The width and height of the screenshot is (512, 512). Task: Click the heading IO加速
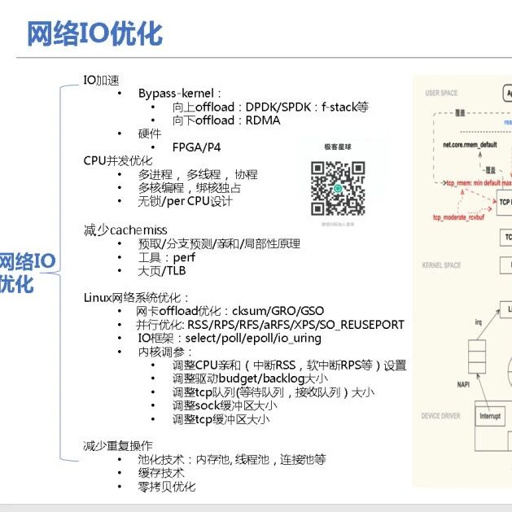(101, 80)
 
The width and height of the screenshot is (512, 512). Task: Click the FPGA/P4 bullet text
(197, 147)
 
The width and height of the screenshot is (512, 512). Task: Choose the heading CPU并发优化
(117, 161)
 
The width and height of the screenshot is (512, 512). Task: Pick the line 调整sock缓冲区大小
(224, 405)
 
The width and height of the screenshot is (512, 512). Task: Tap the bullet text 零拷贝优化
(167, 487)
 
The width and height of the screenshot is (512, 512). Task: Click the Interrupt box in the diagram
(490, 417)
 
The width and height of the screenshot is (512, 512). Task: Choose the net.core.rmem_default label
(470, 145)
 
